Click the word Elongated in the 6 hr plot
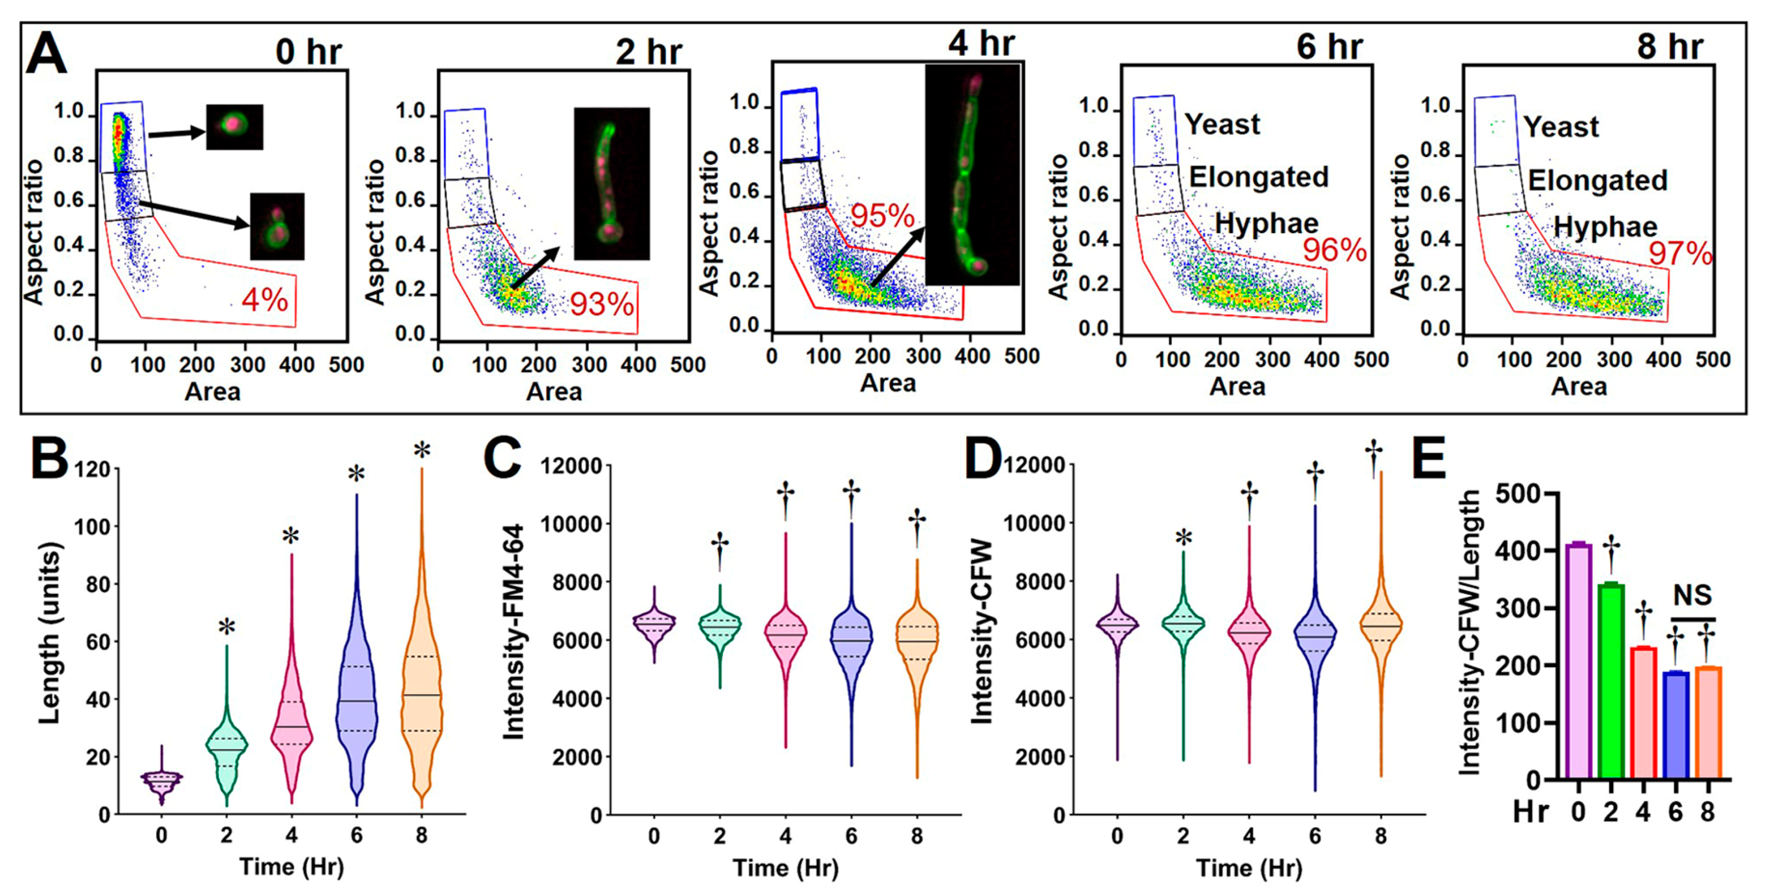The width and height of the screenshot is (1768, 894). tap(1259, 177)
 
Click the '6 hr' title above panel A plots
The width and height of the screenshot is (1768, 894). tap(1329, 47)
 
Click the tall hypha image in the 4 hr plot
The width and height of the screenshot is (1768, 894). tap(972, 175)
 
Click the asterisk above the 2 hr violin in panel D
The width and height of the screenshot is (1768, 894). tap(1183, 538)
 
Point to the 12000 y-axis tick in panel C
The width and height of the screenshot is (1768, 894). tap(571, 467)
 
